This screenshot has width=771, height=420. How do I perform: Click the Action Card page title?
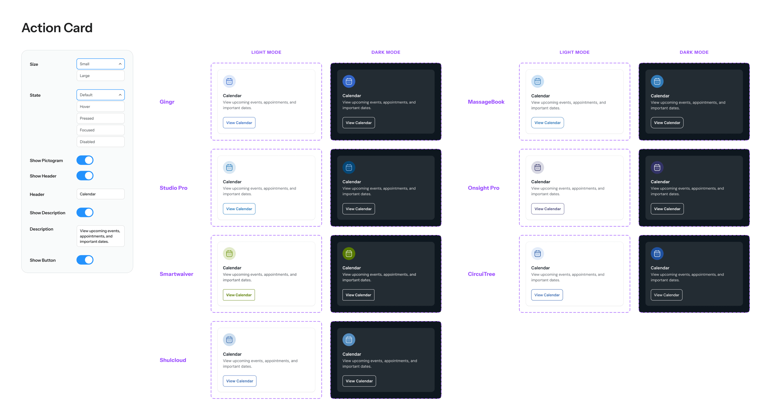(57, 28)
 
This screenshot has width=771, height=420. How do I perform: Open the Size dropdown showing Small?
(101, 64)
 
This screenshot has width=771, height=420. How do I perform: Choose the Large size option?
(101, 76)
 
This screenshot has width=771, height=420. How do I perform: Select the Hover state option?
(101, 107)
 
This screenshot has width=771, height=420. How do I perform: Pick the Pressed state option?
(101, 118)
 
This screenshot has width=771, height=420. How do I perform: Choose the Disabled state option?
(101, 142)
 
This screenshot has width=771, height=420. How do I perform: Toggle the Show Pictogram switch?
(85, 160)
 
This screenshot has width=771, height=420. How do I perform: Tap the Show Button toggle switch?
(85, 260)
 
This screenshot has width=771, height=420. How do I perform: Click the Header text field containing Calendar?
(101, 194)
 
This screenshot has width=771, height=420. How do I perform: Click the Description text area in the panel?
(101, 236)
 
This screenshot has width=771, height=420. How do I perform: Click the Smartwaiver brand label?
(176, 274)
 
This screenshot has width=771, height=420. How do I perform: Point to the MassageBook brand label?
(486, 102)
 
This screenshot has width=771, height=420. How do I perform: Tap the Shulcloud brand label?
(173, 360)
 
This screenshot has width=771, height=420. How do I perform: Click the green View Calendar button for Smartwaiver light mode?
(239, 295)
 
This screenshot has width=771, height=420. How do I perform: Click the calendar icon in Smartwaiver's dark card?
(349, 254)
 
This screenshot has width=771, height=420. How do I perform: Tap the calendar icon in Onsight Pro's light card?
(538, 167)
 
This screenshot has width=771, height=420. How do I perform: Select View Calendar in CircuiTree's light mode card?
(547, 295)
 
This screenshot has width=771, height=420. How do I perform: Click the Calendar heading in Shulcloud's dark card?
(352, 354)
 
